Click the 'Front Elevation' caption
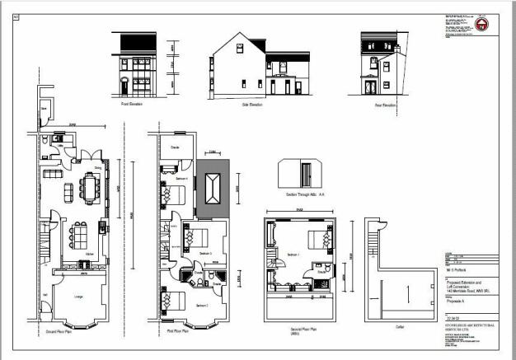(133, 105)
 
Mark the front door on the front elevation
(124, 86)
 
